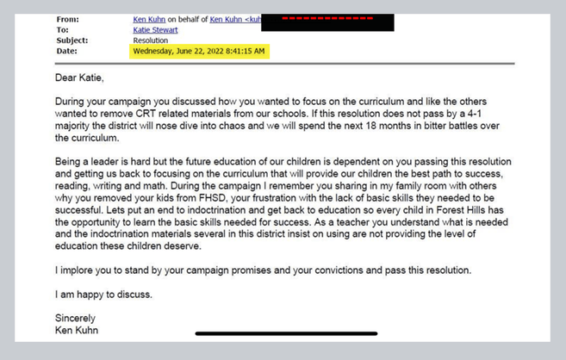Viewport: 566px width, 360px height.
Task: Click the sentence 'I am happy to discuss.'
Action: (x=103, y=294)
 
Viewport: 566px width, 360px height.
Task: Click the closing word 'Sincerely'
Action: (x=73, y=318)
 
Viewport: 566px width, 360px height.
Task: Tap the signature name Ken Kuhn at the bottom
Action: (x=77, y=330)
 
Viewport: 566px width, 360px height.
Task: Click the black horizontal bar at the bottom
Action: (x=274, y=333)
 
